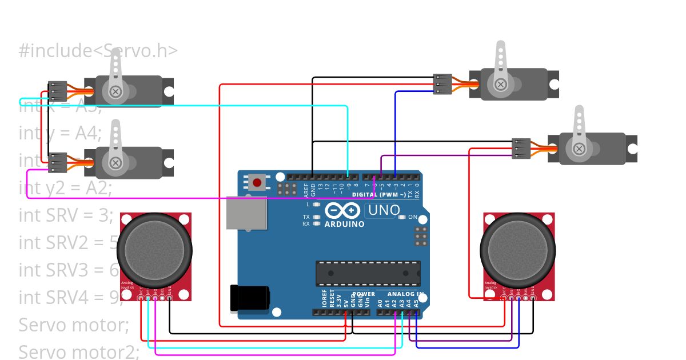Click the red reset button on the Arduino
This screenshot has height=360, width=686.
pyautogui.click(x=257, y=183)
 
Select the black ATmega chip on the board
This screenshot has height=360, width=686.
pyautogui.click(x=368, y=273)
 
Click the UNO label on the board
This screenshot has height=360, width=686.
pyautogui.click(x=384, y=210)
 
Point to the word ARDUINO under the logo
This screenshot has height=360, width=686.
pyautogui.click(x=344, y=224)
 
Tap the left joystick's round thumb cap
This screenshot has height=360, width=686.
pyautogui.click(x=154, y=249)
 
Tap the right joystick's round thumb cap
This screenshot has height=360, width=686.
pyautogui.click(x=517, y=249)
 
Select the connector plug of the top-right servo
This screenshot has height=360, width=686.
pyautogui.click(x=442, y=84)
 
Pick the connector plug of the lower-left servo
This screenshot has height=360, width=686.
pyautogui.click(x=58, y=162)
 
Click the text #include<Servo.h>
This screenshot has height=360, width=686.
pyautogui.click(x=98, y=51)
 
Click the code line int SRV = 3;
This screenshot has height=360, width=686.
pyautogui.click(x=66, y=215)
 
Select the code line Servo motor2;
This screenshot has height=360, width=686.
pyautogui.click(x=79, y=351)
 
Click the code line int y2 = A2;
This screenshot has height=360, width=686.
pyautogui.click(x=65, y=187)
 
